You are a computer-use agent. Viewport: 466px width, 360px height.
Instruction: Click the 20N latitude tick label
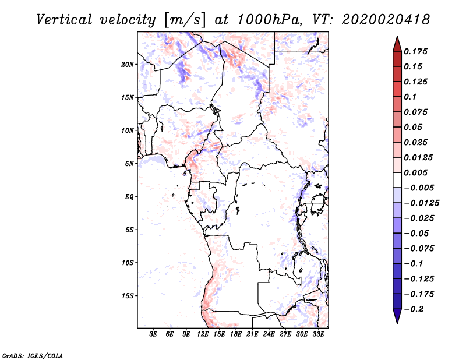point(128,64)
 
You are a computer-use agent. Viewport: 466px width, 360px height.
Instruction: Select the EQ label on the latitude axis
point(129,197)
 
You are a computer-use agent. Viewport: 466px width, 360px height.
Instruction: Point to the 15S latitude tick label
point(128,296)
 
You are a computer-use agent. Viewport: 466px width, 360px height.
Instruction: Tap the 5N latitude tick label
point(129,164)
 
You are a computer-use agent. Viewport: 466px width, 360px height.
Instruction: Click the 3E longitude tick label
point(154,335)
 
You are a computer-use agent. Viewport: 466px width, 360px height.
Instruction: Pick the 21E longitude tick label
point(252,335)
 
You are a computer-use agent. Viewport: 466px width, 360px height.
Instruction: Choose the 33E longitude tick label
point(318,335)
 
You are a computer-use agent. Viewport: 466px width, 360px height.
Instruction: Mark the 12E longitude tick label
point(203,335)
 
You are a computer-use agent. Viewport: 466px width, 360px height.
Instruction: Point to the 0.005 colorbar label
point(417,172)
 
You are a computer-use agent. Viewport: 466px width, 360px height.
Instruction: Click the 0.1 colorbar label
point(411,97)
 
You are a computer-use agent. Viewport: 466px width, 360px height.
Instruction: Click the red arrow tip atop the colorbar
point(397,40)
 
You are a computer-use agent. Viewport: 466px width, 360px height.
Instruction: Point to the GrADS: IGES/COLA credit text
point(33,355)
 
